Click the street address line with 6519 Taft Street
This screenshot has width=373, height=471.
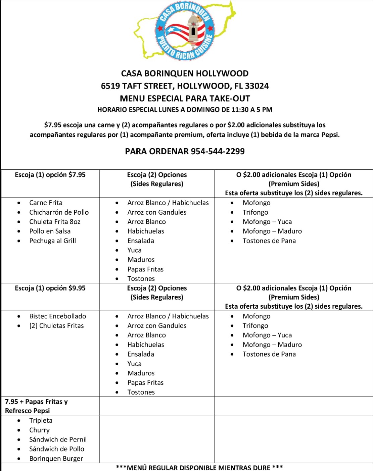click(x=185, y=86)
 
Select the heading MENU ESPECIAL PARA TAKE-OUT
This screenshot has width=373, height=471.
click(x=185, y=98)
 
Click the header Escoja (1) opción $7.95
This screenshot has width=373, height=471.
click(x=50, y=175)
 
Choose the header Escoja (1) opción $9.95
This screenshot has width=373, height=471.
click(x=50, y=288)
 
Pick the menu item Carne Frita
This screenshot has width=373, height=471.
click(x=46, y=203)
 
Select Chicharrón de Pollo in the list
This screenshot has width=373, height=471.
click(x=59, y=212)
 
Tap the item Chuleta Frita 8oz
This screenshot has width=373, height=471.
click(x=55, y=222)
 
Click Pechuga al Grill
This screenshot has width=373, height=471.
click(x=52, y=241)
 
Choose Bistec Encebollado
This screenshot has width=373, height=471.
click(x=57, y=316)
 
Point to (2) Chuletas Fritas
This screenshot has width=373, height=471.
click(x=56, y=325)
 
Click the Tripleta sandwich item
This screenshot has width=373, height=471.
click(x=41, y=420)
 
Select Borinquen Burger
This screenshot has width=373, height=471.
click(x=56, y=459)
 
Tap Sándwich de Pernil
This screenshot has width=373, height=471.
click(x=58, y=439)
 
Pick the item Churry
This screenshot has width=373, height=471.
click(x=39, y=430)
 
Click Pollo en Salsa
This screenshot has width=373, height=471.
click(x=50, y=231)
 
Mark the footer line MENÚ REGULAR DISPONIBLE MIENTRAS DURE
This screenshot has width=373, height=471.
click(x=199, y=467)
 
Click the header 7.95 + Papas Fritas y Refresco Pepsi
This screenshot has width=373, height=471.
click(x=36, y=406)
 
